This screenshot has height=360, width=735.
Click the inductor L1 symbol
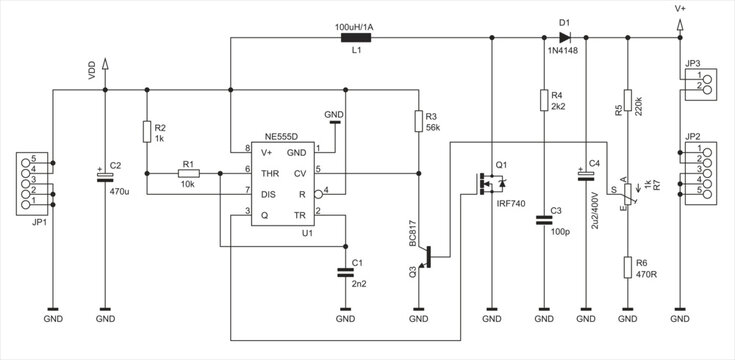(357, 38)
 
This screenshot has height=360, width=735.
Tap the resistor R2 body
(146, 131)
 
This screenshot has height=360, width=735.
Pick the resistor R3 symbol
(418, 122)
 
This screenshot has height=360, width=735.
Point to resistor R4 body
(543, 100)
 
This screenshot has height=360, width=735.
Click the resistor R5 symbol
(627, 104)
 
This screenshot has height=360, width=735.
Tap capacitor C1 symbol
(345, 270)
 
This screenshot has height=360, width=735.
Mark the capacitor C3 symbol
(543, 218)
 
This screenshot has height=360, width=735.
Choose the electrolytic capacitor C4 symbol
(586, 175)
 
